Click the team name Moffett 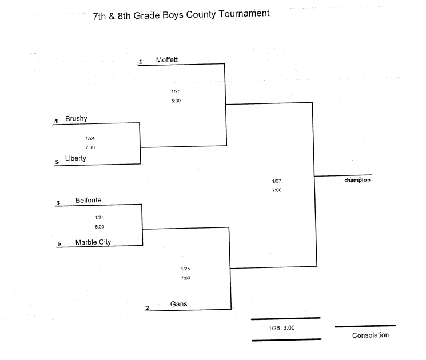click(x=167, y=60)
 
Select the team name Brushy click(x=76, y=119)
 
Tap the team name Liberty click(x=75, y=158)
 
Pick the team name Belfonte click(x=88, y=201)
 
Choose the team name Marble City click(x=93, y=242)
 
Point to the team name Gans click(x=179, y=304)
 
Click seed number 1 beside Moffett click(x=141, y=62)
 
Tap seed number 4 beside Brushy click(x=56, y=121)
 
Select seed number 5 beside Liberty click(x=57, y=162)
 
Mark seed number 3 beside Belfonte click(x=58, y=203)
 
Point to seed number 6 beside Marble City click(x=59, y=243)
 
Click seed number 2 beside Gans click(x=148, y=308)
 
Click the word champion click(x=357, y=180)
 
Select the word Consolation click(x=371, y=335)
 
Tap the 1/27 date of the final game click(x=277, y=181)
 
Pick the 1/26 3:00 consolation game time click(x=282, y=328)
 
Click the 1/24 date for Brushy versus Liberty click(x=90, y=138)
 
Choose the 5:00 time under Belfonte click(x=99, y=227)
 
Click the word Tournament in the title click(x=244, y=14)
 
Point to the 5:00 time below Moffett click(x=176, y=101)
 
